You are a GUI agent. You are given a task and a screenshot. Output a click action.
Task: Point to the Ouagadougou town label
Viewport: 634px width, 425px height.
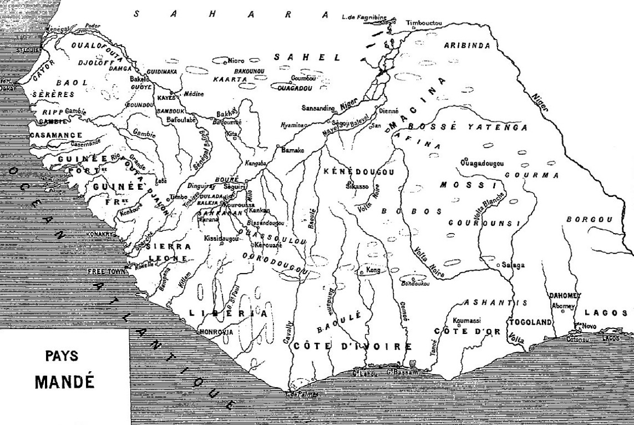pyautogui.click(x=482, y=163)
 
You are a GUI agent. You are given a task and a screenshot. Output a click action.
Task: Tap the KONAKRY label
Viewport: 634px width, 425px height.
pyautogui.click(x=100, y=234)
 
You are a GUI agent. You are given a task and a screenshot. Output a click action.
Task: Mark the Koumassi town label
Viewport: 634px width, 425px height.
pyautogui.click(x=466, y=320)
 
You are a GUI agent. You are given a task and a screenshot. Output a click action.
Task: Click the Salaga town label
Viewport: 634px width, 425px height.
pyautogui.click(x=513, y=265)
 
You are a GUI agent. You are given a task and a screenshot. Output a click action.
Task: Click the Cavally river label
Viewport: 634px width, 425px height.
pyautogui.click(x=288, y=335)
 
